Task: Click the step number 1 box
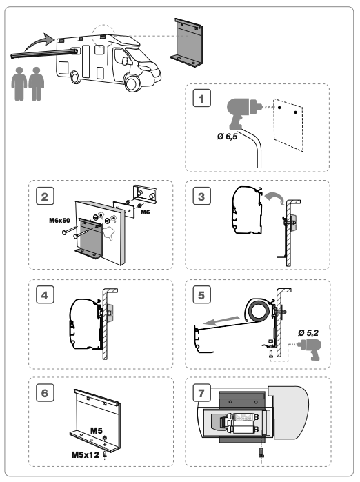coord(201,98)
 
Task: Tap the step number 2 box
coord(45,196)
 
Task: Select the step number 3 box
coord(201,196)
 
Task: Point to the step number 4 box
coord(45,294)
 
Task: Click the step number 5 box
coord(201,294)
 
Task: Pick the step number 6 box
coord(45,392)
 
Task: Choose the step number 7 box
coord(201,392)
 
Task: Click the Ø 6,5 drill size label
coord(227,136)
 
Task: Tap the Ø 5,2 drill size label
coord(308,332)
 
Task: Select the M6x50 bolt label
coord(59,221)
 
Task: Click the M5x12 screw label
coord(85,454)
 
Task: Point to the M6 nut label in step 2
coord(145,212)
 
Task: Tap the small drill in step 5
coord(310,349)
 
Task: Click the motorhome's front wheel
coord(132,83)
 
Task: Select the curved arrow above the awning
coord(39,41)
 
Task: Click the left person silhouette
coord(19,84)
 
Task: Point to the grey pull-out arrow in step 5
coord(221,321)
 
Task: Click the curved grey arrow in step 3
coord(275,197)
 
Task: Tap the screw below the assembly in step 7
coord(261,452)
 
